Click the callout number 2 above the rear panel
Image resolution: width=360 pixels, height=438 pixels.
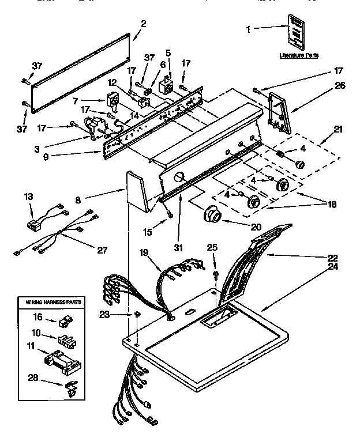coord(143,24)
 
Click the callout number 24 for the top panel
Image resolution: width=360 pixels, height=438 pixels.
coord(333,267)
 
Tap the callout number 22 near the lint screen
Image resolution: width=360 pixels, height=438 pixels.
coord(333,258)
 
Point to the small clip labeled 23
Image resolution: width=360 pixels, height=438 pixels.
coord(137,314)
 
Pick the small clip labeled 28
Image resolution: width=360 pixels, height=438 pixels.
coord(71,387)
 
